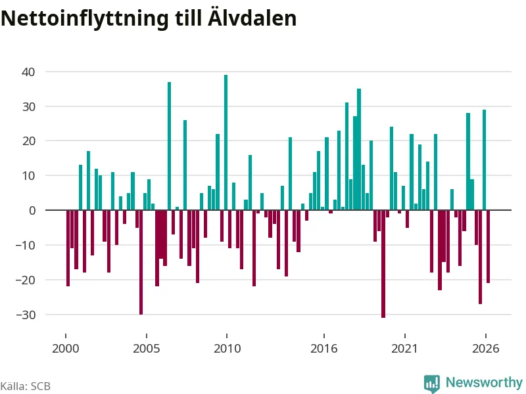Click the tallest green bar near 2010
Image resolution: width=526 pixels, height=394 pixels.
coord(226,142)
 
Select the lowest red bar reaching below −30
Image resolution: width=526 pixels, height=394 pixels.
coord(383,264)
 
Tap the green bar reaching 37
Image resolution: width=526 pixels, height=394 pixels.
coord(169,146)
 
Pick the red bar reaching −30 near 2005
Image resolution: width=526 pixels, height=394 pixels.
coord(141,262)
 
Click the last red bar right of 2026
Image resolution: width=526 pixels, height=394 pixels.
coord(489,247)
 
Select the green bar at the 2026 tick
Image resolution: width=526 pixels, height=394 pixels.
coord(485,160)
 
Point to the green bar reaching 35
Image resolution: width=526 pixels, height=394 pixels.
coord(359,150)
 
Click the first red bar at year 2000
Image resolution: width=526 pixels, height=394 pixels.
coord(68,248)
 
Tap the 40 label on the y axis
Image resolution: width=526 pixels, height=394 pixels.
coord(28,72)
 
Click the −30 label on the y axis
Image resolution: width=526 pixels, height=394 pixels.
coord(26,315)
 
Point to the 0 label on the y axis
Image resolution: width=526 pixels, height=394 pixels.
coord(32,210)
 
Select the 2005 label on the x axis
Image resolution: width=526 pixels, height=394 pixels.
coord(146,349)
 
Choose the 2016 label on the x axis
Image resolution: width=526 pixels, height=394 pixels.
coord(323,349)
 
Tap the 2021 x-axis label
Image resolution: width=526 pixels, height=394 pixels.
coord(404,349)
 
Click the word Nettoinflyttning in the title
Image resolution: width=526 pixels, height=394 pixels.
coord(85,18)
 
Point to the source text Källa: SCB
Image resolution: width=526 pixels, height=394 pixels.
coord(26,386)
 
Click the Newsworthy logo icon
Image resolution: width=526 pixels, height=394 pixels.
coord(432,383)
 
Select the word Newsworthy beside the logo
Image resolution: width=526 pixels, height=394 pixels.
coord(484,382)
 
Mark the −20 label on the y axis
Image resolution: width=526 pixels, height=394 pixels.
coord(26,280)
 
